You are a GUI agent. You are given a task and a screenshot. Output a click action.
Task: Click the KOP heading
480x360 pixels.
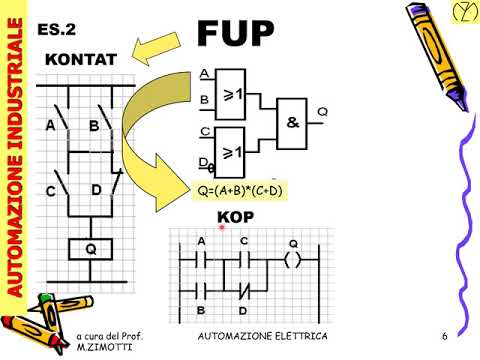click(238, 218)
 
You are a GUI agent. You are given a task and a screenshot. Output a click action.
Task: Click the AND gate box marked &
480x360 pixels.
click(293, 122)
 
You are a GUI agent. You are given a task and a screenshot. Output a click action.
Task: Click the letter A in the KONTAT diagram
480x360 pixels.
click(50, 126)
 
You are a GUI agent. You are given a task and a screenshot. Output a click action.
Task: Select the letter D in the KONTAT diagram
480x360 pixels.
click(96, 189)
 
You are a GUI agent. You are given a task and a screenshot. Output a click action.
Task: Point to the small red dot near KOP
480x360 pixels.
click(221, 229)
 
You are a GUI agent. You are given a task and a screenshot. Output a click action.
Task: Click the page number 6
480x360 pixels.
click(442, 333)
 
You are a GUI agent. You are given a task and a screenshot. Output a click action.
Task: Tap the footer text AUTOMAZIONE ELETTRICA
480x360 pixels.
click(263, 333)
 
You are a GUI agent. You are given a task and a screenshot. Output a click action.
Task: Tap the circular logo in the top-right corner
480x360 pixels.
click(460, 13)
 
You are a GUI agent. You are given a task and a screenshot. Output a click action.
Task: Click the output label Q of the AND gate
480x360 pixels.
click(322, 110)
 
